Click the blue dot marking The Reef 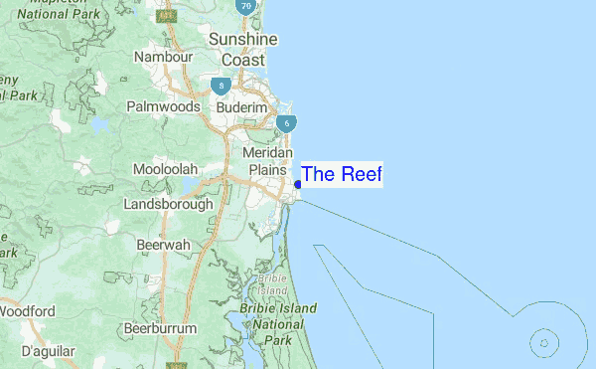298,184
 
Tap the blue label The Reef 341,175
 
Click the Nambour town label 164,58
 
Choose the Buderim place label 242,106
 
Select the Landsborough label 168,204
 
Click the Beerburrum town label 160,328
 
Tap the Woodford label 28,311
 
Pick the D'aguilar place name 49,351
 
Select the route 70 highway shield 245,5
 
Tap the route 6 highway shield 286,123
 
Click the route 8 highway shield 219,88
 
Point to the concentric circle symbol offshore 543,345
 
